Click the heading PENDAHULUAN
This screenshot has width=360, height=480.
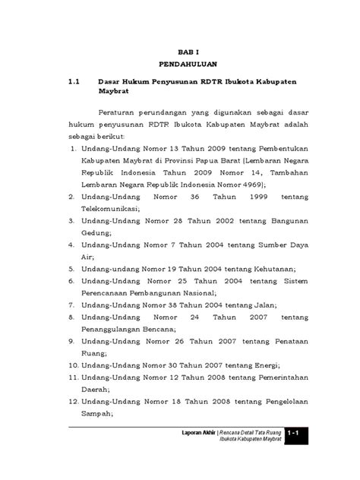tap(180, 65)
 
